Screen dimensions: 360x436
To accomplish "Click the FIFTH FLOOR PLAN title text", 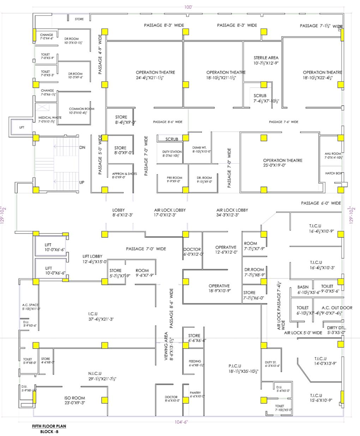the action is (49, 426).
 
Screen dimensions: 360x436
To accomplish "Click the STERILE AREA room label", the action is (266, 57).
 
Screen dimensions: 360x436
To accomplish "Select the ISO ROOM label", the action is (75, 398).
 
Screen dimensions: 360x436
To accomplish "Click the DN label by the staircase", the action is (82, 147).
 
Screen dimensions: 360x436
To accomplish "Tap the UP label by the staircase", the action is (82, 182).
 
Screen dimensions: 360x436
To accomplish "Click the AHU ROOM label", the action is (333, 154).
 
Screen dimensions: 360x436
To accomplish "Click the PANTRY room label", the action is (195, 393).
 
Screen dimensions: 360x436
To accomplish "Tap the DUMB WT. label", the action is (202, 147).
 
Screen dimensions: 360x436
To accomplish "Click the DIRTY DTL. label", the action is (336, 327).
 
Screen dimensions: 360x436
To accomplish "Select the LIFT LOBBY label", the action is (92, 256).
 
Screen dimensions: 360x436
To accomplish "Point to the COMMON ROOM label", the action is (82, 109).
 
